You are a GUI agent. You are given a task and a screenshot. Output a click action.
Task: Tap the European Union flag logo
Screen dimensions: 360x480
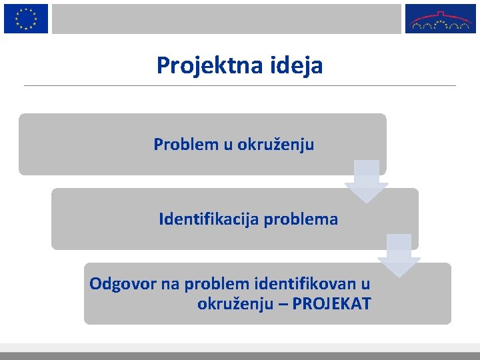click(x=26, y=18)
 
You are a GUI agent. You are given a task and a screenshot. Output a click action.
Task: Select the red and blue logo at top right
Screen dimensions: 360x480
click(x=442, y=19)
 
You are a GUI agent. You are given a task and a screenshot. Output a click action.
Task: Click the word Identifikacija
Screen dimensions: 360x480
click(x=210, y=219)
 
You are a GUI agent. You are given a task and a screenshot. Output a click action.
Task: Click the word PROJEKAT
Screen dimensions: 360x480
click(x=331, y=305)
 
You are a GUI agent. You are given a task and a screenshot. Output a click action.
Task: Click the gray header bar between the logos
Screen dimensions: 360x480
click(x=227, y=19)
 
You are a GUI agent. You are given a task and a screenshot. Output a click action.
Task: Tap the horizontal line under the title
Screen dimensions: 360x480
click(x=240, y=85)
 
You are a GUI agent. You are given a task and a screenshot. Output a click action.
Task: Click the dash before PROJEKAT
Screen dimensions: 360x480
click(x=283, y=305)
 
